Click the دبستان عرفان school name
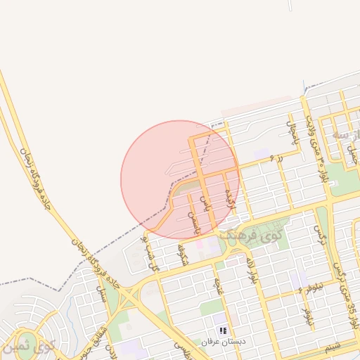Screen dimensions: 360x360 pos(224,341)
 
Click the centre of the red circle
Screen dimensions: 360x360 pos(180,180)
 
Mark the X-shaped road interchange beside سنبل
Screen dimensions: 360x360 pos(126,299)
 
